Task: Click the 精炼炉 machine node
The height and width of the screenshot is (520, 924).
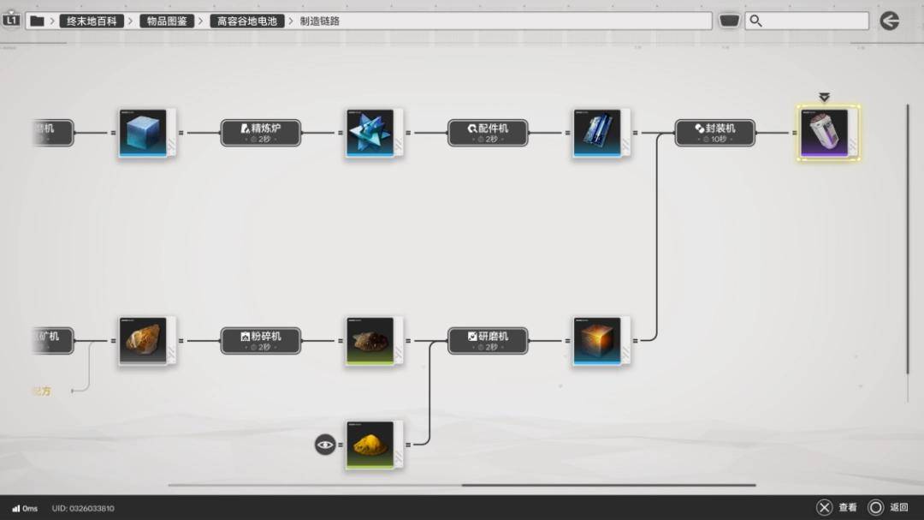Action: [x=261, y=132]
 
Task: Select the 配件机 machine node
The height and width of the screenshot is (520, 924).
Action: [x=488, y=132]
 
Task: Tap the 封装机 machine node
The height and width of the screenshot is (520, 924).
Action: [x=715, y=132]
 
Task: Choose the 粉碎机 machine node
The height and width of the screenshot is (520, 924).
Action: [x=261, y=340]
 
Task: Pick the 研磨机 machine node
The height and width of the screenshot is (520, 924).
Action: [x=488, y=340]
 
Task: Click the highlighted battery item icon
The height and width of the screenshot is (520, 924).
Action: [x=828, y=132]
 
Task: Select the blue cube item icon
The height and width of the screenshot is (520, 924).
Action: [x=143, y=132]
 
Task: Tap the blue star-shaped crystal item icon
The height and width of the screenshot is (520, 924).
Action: [x=370, y=132]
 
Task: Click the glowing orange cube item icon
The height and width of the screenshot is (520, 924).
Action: [x=597, y=340]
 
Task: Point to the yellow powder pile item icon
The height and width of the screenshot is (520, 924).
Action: [x=370, y=444]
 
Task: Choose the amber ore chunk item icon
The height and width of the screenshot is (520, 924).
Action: [x=143, y=340]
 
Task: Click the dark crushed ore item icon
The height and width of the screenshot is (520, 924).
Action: [x=370, y=340]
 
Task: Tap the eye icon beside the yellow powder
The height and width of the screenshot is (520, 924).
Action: [x=325, y=444]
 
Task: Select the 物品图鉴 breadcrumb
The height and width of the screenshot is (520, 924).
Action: [x=167, y=21]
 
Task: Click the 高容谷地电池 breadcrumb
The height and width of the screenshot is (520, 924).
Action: [x=247, y=21]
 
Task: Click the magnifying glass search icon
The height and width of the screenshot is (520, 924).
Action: [x=755, y=21]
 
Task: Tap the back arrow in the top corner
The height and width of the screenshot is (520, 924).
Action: [x=890, y=21]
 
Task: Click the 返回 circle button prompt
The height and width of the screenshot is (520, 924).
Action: [x=876, y=507]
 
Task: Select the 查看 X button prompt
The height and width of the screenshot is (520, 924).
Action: [x=824, y=507]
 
